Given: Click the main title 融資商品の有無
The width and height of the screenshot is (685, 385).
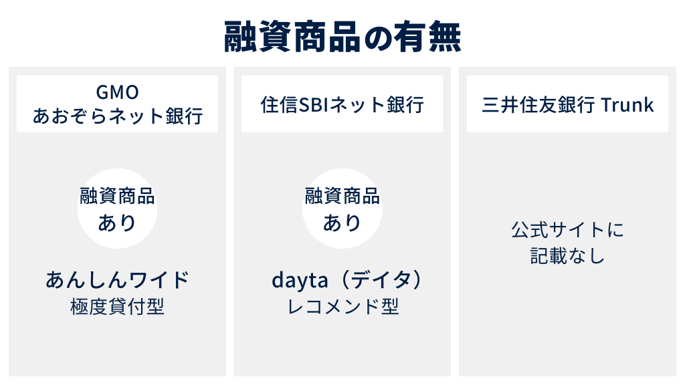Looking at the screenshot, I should pos(342,37).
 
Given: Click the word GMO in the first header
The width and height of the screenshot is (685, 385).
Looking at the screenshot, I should pos(118,92).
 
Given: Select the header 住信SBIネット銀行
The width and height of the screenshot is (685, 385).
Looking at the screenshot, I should pos(342,105).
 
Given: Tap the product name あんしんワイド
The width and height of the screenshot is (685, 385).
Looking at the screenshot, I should pos(118,280).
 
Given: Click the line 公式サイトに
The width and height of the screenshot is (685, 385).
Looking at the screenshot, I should pos(567,231).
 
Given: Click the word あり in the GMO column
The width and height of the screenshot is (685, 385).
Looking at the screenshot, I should pos(118,222).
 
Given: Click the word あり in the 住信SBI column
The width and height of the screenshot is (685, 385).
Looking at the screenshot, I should pos(342,222).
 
